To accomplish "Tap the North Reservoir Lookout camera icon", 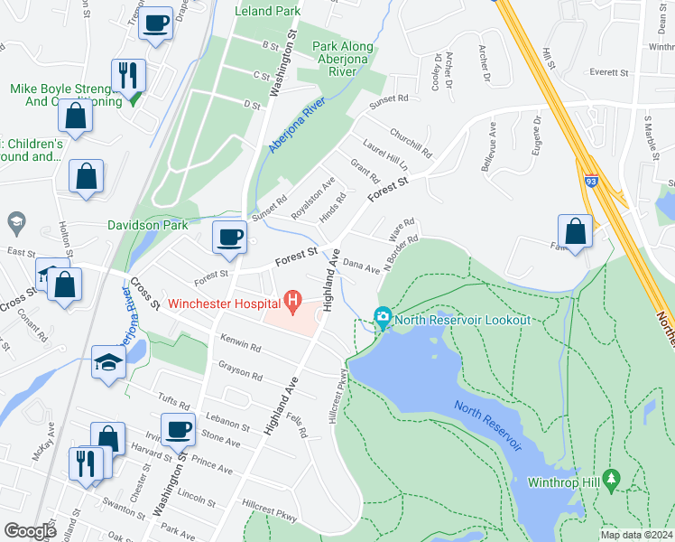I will click(384, 317).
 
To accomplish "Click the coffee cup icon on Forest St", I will click(229, 237).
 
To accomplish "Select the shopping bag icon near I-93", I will click(575, 231).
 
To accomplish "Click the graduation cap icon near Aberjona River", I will click(109, 363).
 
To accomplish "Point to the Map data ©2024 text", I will click(635, 535).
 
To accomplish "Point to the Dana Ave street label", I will click(362, 267).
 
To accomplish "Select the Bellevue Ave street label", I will click(491, 145).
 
